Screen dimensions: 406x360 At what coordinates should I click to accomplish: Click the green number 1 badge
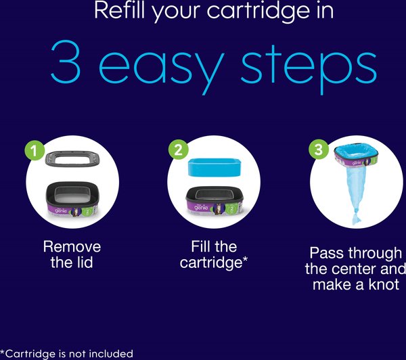(35, 150)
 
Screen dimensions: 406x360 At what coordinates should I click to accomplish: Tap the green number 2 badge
(179, 150)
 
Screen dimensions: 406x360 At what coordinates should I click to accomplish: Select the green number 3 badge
(319, 149)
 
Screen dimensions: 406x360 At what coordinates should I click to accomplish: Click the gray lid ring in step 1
(73, 159)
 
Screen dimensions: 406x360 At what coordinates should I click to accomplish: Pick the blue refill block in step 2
(215, 167)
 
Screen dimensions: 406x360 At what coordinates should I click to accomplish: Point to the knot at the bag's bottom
(357, 219)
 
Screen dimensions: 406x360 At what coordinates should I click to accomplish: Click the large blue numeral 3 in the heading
(66, 62)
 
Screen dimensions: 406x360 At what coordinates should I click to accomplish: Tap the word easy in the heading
(161, 68)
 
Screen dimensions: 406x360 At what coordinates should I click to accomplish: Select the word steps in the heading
(309, 68)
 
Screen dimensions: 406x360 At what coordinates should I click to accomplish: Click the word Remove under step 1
(72, 246)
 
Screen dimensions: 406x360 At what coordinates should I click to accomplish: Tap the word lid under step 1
(83, 262)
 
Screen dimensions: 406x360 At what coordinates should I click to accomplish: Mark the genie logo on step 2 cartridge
(201, 208)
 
